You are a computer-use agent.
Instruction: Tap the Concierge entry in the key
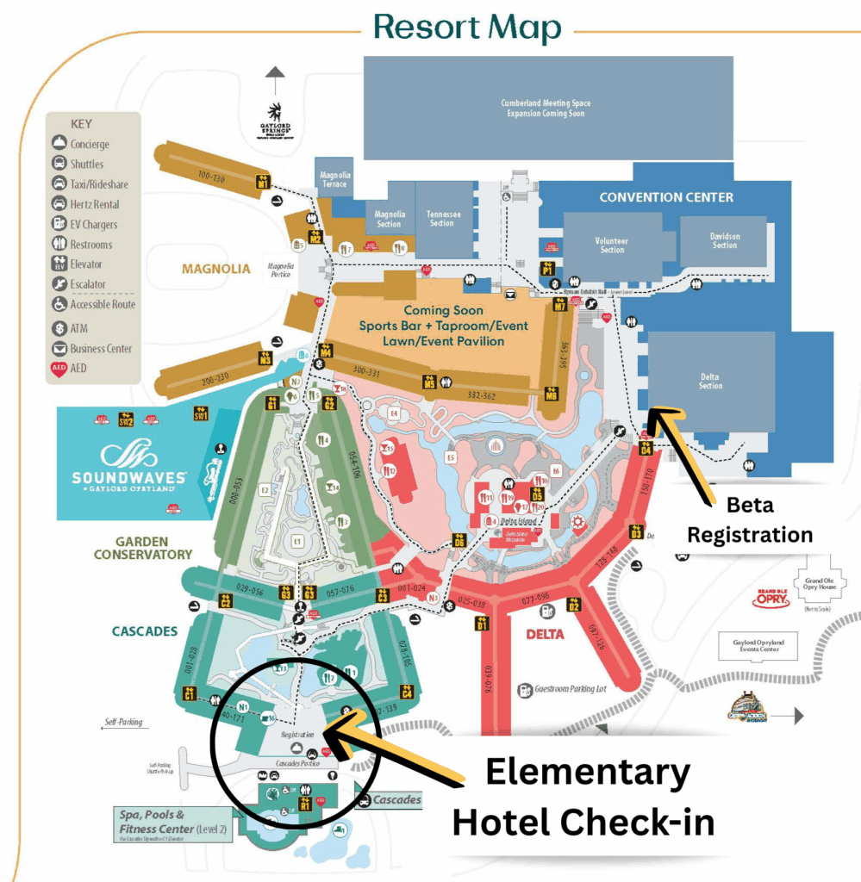point(89,145)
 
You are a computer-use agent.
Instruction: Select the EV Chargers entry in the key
point(93,225)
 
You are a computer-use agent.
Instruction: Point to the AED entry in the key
point(80,369)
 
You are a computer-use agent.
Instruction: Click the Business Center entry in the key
point(101,349)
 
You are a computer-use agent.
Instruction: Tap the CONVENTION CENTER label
point(666,197)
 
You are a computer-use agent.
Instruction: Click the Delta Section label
point(710,382)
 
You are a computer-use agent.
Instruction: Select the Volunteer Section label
point(612,245)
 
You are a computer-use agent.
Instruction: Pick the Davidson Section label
point(724,241)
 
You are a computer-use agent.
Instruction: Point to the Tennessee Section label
point(441,219)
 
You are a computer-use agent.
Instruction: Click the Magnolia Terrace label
point(334,180)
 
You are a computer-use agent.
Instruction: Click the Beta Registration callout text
point(749,519)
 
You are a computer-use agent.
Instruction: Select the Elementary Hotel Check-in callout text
point(583,797)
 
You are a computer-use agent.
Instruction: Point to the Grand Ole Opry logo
point(771,599)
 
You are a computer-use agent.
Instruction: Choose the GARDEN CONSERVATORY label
point(142,548)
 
